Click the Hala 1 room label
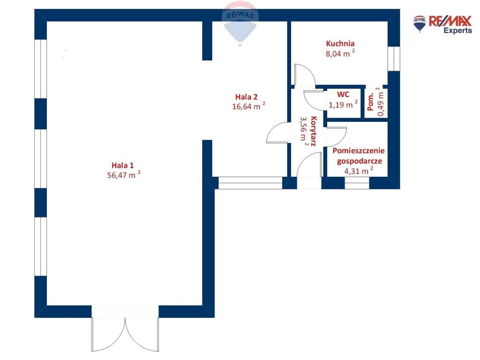(x=122, y=165)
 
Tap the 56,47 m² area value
(x=124, y=175)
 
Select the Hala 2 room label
(x=247, y=97)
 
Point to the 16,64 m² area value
(x=248, y=106)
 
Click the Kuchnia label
(x=340, y=44)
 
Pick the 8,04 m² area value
(x=340, y=53)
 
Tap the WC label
(x=343, y=94)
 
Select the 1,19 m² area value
(x=343, y=105)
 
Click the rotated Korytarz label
(x=313, y=131)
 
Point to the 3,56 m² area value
(x=304, y=130)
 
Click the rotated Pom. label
(x=370, y=102)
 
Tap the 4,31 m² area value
(x=359, y=171)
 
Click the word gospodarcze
(x=360, y=161)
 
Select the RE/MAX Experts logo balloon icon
(x=420, y=24)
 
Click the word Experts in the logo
(x=457, y=30)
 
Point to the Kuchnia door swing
(x=304, y=75)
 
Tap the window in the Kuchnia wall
(x=394, y=59)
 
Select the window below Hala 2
(x=250, y=183)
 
